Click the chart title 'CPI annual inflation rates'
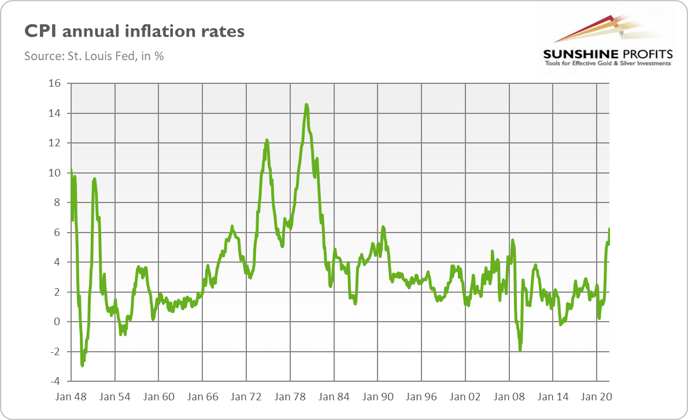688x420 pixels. (134, 32)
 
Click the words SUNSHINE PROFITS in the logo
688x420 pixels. (608, 54)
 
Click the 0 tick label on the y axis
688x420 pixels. (57, 322)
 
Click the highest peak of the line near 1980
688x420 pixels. (306, 105)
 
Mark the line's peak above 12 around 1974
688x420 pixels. (267, 139)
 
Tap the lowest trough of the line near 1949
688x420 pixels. (83, 366)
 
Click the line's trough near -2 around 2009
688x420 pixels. (520, 350)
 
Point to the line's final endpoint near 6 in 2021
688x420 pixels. (610, 229)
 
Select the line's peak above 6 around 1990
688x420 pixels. (383, 227)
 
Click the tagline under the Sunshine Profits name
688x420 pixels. (608, 64)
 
